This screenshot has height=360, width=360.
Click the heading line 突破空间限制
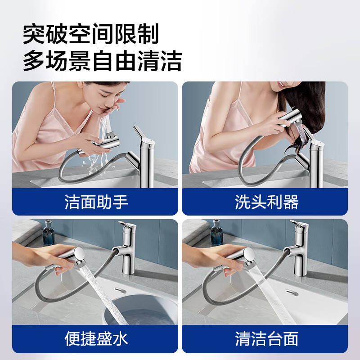click(91, 34)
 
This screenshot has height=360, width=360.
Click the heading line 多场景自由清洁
click(102, 61)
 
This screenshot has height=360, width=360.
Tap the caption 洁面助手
click(96, 202)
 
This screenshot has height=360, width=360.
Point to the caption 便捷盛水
click(96, 339)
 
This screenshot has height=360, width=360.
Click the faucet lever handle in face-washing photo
click(139, 133)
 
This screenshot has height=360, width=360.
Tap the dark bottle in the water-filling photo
click(49, 235)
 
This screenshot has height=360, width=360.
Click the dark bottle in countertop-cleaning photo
click(218, 235)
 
